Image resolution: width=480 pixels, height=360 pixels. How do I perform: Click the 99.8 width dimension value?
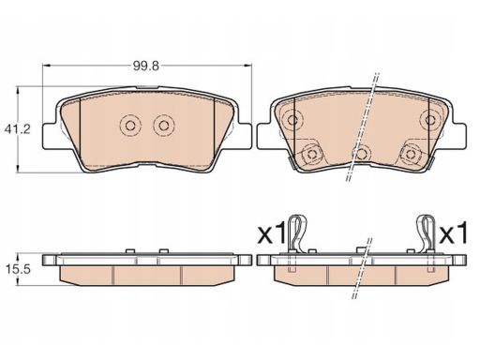[146, 66]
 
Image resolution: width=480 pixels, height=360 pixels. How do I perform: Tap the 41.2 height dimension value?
[18, 128]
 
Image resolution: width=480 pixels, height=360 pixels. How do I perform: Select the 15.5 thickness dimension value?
[18, 269]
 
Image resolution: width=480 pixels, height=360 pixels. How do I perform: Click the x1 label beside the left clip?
[271, 232]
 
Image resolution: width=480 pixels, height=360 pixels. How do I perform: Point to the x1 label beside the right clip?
[453, 232]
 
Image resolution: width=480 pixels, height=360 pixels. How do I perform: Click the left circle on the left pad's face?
[130, 126]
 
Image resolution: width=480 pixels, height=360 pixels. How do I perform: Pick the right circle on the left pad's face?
[164, 126]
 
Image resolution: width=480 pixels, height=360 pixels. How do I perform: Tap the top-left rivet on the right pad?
[292, 119]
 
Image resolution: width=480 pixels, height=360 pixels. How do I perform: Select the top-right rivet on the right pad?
[430, 119]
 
